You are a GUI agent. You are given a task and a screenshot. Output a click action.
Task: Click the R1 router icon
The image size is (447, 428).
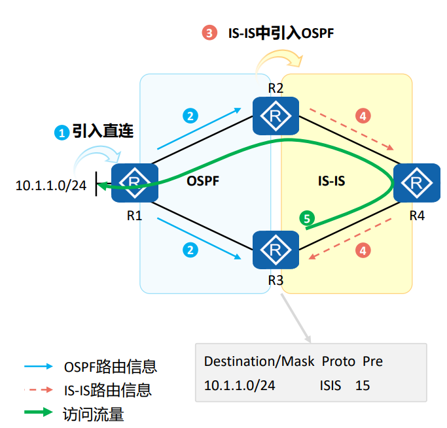pyautogui.click(x=135, y=182)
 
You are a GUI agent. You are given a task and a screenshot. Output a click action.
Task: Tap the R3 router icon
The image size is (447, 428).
pyautogui.click(x=276, y=249)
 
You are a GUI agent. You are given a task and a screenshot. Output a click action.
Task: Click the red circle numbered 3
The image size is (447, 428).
pyautogui.click(x=209, y=33)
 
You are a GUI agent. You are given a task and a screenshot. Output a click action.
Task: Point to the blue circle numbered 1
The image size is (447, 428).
pyautogui.click(x=62, y=133)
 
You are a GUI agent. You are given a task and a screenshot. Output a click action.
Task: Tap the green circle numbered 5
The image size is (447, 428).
pyautogui.click(x=306, y=218)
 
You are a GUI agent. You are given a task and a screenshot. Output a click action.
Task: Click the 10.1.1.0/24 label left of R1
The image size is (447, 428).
pyautogui.click(x=51, y=186)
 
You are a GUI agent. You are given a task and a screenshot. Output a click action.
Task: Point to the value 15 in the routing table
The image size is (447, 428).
pyautogui.click(x=363, y=386)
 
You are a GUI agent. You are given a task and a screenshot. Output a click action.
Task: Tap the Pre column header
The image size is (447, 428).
pyautogui.click(x=372, y=361)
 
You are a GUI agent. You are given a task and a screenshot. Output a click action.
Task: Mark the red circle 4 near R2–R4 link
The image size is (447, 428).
pyautogui.click(x=363, y=116)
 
